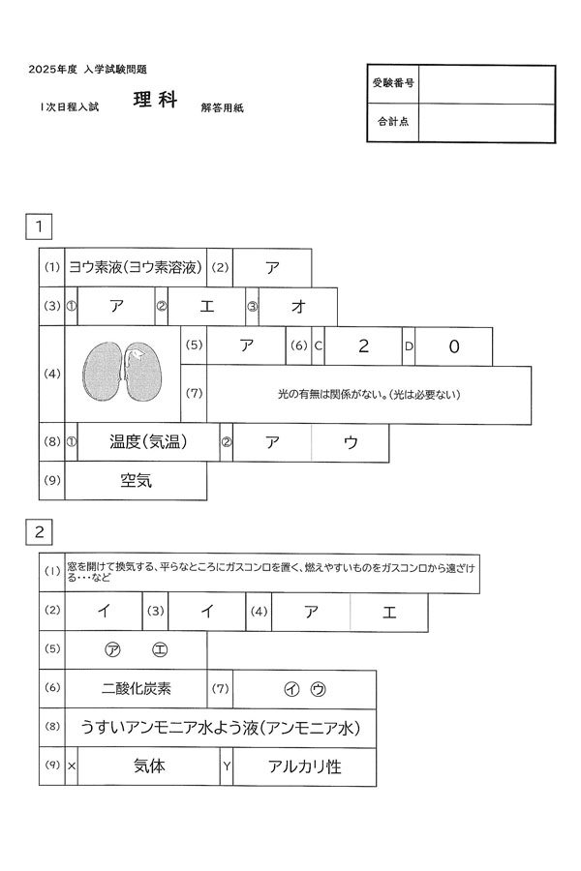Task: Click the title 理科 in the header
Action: pos(155,100)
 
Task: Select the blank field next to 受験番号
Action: pos(486,84)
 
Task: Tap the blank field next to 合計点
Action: pos(486,123)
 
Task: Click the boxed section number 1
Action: pos(39,226)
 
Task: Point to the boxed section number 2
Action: pos(39,532)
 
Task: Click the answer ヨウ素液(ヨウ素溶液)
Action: pos(136,268)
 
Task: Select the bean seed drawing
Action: pos(123,372)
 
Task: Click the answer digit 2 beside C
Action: pos(364,346)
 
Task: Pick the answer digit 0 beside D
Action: pos(454,346)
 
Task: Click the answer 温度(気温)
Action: pos(148,442)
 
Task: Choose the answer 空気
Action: pos(136,480)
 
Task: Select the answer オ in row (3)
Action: pos(298,307)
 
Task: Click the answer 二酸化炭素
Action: pos(136,689)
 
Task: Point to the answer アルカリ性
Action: pos(305,766)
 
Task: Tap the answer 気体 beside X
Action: pos(149,766)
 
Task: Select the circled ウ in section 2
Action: pos(318,689)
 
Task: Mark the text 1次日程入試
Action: pos(69,107)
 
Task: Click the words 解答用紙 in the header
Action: pos(223,107)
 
